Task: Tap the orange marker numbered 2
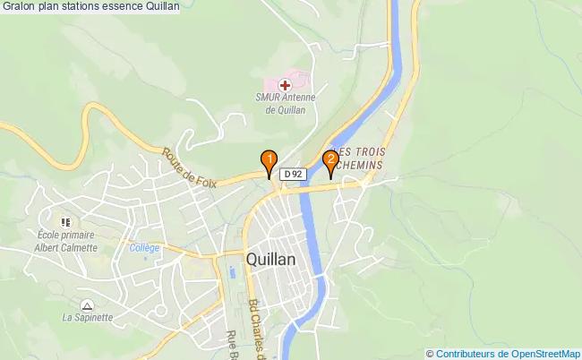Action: [x=330, y=161]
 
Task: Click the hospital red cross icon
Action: [x=285, y=84]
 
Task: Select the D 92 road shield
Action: [x=293, y=174]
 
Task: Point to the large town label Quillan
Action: [x=270, y=258]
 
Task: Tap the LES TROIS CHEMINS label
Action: [x=358, y=159]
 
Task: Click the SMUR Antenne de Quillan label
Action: [x=286, y=104]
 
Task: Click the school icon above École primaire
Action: [x=64, y=221]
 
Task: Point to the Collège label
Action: [x=143, y=248]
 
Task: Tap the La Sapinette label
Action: [x=87, y=317]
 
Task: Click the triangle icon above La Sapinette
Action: [x=86, y=304]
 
